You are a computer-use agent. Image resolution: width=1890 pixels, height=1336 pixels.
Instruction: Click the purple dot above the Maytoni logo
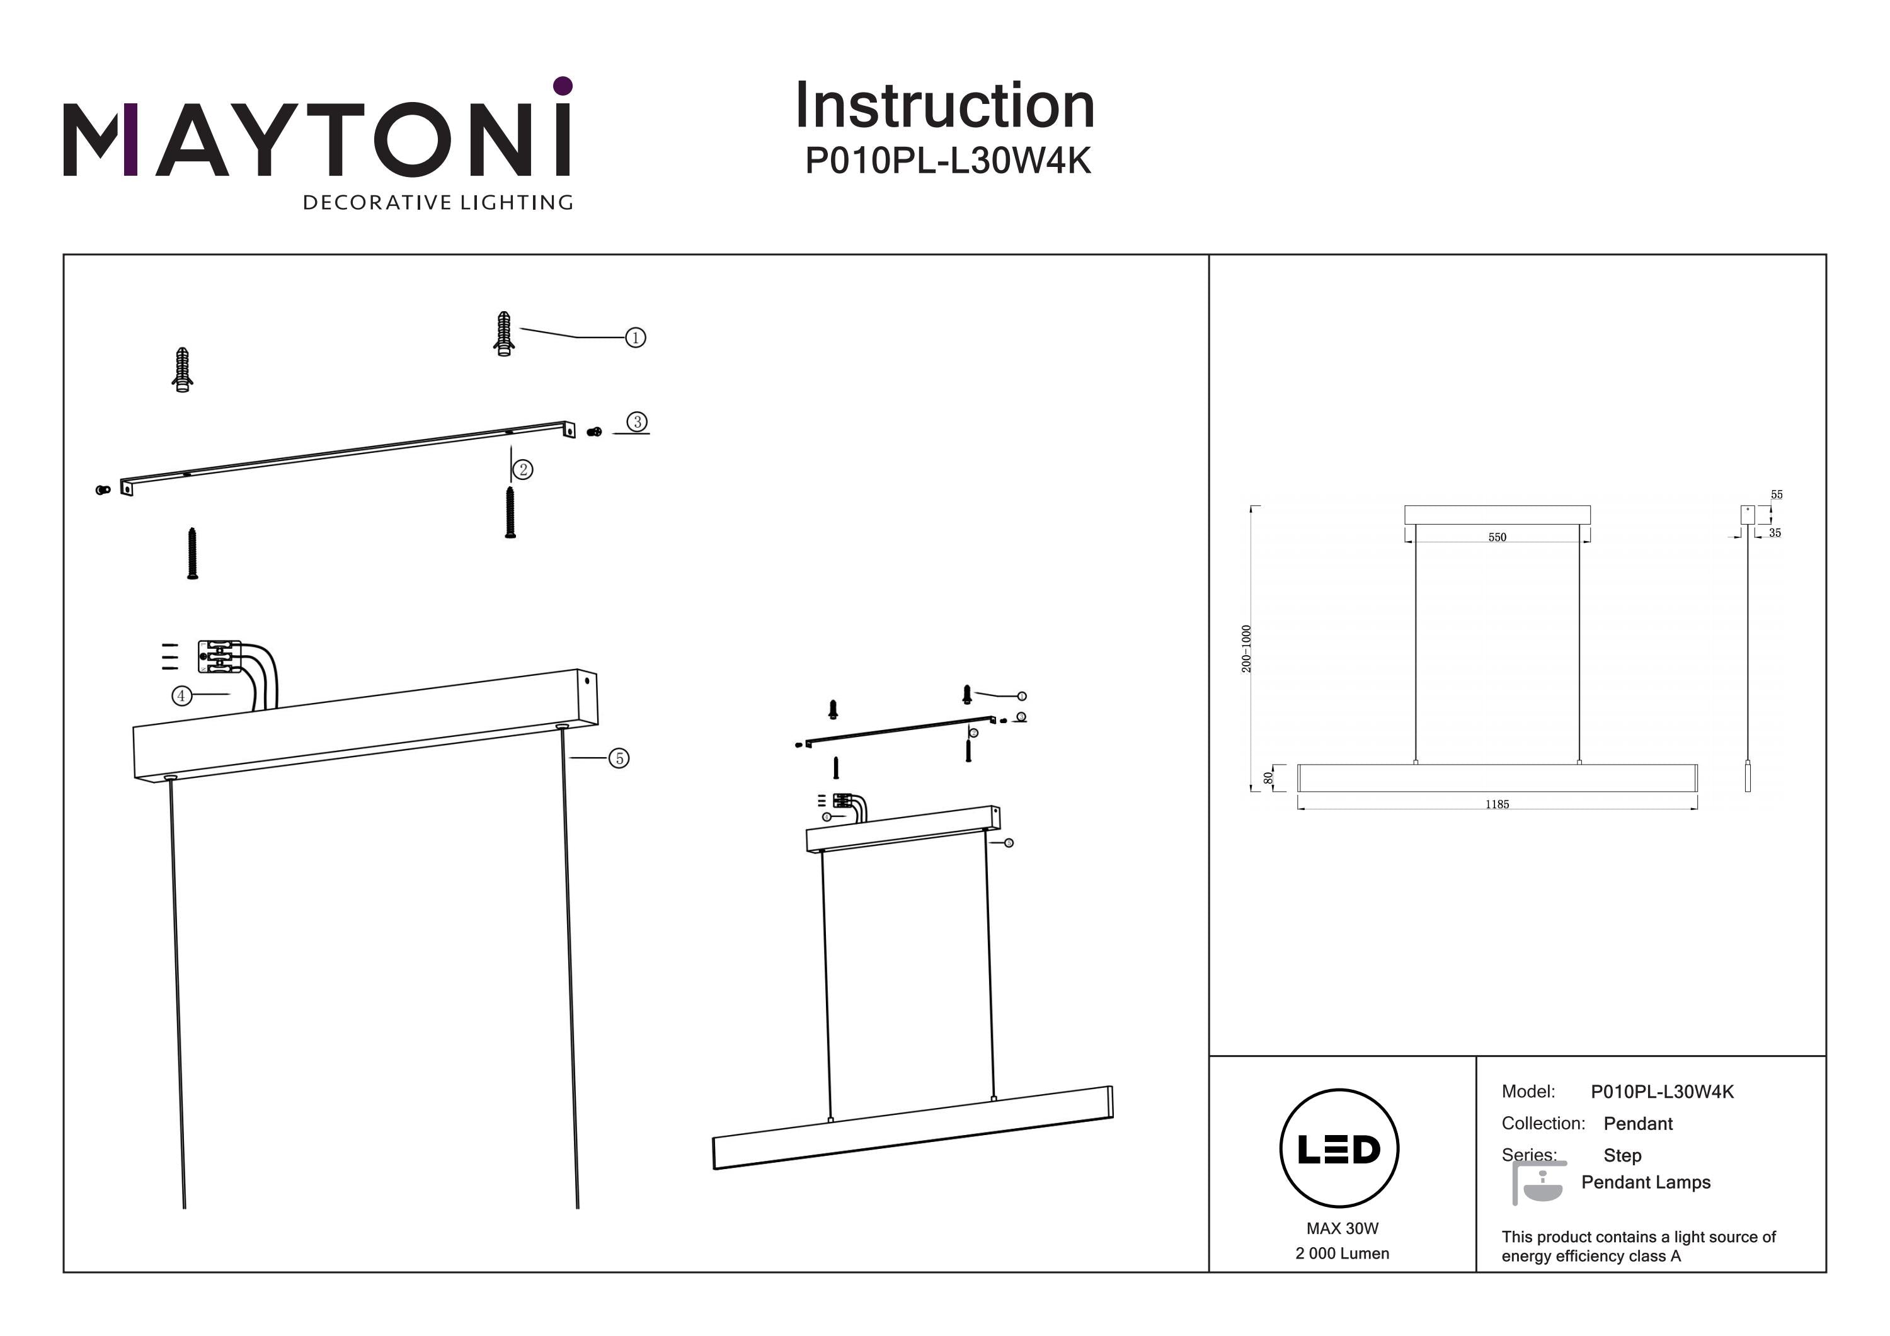coord(563,86)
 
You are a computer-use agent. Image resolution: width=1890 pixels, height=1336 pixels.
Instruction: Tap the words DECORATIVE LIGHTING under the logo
coord(438,202)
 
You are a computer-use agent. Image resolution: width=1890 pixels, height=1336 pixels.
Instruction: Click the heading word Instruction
coord(944,106)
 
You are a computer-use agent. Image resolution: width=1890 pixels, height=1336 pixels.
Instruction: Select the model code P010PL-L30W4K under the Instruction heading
coord(948,161)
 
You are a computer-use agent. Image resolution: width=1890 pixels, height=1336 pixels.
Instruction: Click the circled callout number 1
coord(636,338)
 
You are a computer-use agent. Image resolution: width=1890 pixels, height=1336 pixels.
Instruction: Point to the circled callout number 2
coord(523,470)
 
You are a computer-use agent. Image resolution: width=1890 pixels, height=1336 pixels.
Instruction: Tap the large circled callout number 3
coord(637,422)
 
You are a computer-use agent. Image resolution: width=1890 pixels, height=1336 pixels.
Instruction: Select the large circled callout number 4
coord(181,697)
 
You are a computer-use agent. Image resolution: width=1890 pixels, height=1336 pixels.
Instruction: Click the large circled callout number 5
coord(619,759)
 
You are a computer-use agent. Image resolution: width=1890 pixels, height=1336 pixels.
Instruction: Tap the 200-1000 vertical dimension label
coord(1246,649)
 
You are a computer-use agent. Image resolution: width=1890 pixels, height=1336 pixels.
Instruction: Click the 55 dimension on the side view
coord(1777,494)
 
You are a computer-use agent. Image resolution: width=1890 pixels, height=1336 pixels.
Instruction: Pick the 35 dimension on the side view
coord(1775,534)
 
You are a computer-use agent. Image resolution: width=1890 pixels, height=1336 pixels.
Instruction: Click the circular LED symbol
coord(1339,1148)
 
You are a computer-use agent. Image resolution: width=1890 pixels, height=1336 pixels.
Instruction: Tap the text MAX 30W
coord(1342,1228)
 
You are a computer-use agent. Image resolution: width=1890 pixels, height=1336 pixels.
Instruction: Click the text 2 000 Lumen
coord(1342,1253)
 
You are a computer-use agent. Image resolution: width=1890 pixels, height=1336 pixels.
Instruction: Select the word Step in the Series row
coord(1622,1156)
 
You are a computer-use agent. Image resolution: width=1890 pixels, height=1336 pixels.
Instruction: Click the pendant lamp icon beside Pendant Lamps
coord(1538,1184)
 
